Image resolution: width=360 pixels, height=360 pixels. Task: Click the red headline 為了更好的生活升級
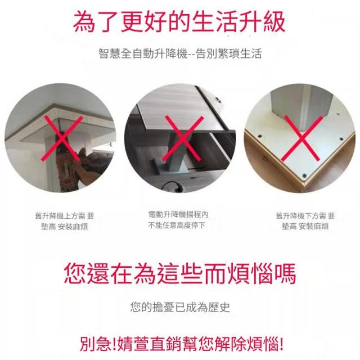179,22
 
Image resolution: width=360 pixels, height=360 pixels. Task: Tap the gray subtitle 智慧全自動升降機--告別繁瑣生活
180,53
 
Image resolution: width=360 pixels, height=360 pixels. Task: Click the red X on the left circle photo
62,139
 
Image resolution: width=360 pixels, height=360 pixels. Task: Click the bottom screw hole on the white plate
304,175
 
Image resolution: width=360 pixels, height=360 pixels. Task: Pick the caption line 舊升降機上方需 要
65,216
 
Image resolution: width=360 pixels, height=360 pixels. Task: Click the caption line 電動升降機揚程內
178,214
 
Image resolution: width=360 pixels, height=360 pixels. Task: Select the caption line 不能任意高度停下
176,226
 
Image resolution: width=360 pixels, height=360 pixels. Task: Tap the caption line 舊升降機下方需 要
305,216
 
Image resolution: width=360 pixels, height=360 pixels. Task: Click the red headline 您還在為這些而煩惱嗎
180,274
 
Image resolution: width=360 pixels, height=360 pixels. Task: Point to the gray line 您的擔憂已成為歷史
180,307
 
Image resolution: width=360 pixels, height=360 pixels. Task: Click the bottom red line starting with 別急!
181,344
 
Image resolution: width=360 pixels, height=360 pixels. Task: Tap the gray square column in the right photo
301,108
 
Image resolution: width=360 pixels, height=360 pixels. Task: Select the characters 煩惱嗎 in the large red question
261,274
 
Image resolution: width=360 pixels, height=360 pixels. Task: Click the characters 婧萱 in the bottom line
133,344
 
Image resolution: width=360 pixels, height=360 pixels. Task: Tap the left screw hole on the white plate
260,136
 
